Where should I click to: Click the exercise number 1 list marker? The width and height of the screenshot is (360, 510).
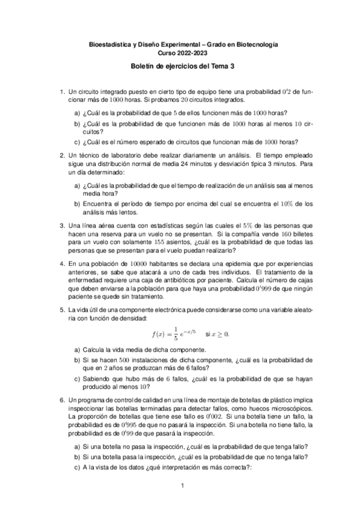[x=61, y=91]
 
